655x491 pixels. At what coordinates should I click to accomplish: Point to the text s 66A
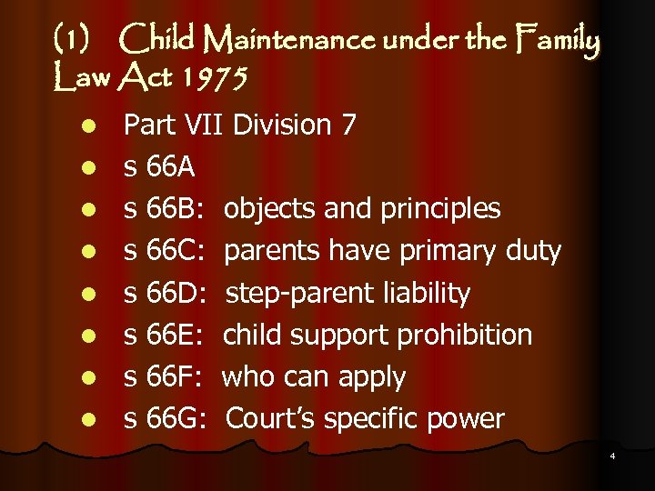[160, 166]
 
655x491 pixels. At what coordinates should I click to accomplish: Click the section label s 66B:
[167, 208]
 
